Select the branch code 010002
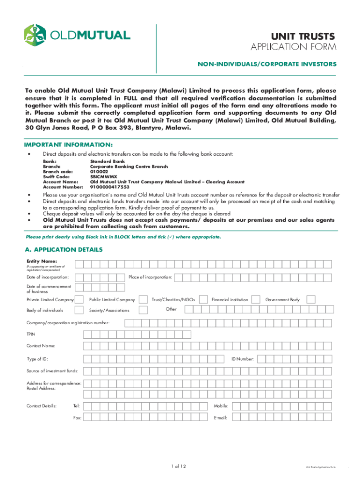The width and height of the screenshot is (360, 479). [x=99, y=172]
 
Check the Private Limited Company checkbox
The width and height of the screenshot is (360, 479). [x=80, y=299]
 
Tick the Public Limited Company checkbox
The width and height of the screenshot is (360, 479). [x=142, y=299]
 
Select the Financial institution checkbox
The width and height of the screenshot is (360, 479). [x=256, y=299]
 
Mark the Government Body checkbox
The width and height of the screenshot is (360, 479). [x=311, y=299]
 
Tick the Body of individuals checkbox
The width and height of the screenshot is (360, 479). [x=80, y=310]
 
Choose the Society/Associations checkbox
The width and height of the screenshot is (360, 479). [x=142, y=310]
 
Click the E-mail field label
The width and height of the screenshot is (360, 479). [x=220, y=417]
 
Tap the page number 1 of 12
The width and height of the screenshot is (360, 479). [x=180, y=466]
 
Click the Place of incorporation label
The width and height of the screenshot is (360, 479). [x=150, y=277]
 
